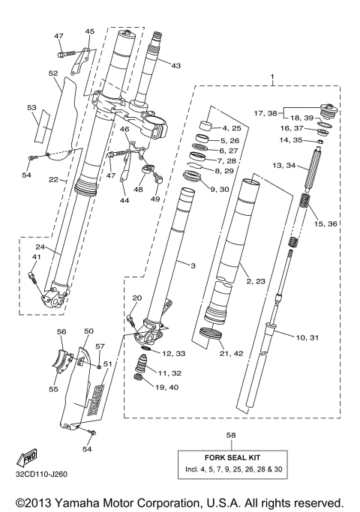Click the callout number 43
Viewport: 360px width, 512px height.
point(175,66)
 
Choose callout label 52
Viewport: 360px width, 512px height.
point(53,73)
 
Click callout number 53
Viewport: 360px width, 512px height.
point(31,108)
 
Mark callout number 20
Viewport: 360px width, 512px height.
point(136,298)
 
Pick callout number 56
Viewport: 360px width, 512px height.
point(61,331)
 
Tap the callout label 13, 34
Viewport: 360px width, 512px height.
point(285,164)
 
